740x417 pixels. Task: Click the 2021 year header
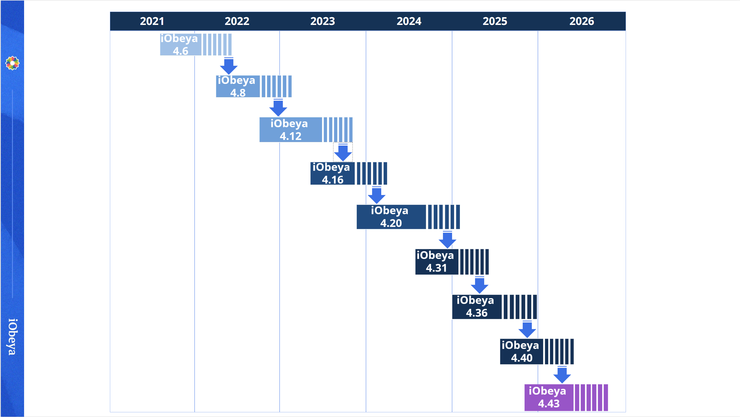pyautogui.click(x=152, y=21)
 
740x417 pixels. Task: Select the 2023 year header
pyautogui.click(x=322, y=21)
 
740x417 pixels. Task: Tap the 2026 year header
pyautogui.click(x=581, y=21)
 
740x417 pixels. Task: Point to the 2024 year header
pyautogui.click(x=409, y=21)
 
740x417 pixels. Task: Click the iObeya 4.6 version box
pyautogui.click(x=181, y=45)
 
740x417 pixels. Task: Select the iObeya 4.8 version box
pyautogui.click(x=238, y=86)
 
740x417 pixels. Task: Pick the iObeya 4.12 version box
pyautogui.click(x=290, y=130)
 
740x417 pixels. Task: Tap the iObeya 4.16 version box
pyautogui.click(x=332, y=173)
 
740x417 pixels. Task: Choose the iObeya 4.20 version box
pyautogui.click(x=391, y=217)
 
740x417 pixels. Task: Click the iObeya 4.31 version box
pyautogui.click(x=436, y=262)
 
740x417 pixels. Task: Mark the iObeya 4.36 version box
pyautogui.click(x=476, y=307)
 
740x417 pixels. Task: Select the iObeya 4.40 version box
pyautogui.click(x=521, y=351)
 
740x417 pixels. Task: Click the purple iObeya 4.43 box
pyautogui.click(x=548, y=397)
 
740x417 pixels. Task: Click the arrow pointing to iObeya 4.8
pyautogui.click(x=229, y=66)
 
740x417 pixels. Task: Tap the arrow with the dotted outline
pyautogui.click(x=343, y=152)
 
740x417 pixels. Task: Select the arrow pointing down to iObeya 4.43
pyautogui.click(x=562, y=374)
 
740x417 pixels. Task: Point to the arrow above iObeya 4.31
pyautogui.click(x=447, y=240)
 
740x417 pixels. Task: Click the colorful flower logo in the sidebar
pyautogui.click(x=12, y=63)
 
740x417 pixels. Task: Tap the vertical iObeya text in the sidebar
pyautogui.click(x=12, y=336)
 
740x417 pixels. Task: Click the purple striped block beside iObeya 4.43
pyautogui.click(x=591, y=397)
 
